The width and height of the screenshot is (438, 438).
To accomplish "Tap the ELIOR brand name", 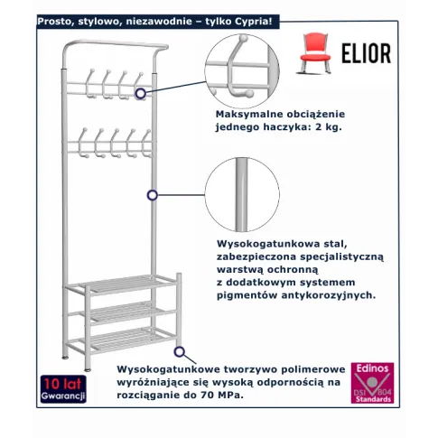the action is coord(366,53).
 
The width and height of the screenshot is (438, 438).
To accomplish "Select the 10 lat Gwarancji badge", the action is coord(63,389).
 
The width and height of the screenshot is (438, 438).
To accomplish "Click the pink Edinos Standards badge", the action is coord(372,383).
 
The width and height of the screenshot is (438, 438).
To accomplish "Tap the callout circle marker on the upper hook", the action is coord(140,94).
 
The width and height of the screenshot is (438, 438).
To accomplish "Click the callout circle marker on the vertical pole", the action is coord(153,195).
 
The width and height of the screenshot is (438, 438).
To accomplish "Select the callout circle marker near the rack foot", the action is coord(180,351).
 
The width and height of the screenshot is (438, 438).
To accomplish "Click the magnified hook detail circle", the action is coord(242,71).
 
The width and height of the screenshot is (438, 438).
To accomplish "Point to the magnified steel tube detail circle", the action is coord(242,195).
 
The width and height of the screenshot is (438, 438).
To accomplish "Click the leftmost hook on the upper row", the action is coord(90,84).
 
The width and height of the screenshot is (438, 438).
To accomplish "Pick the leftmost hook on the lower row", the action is coord(83,143).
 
